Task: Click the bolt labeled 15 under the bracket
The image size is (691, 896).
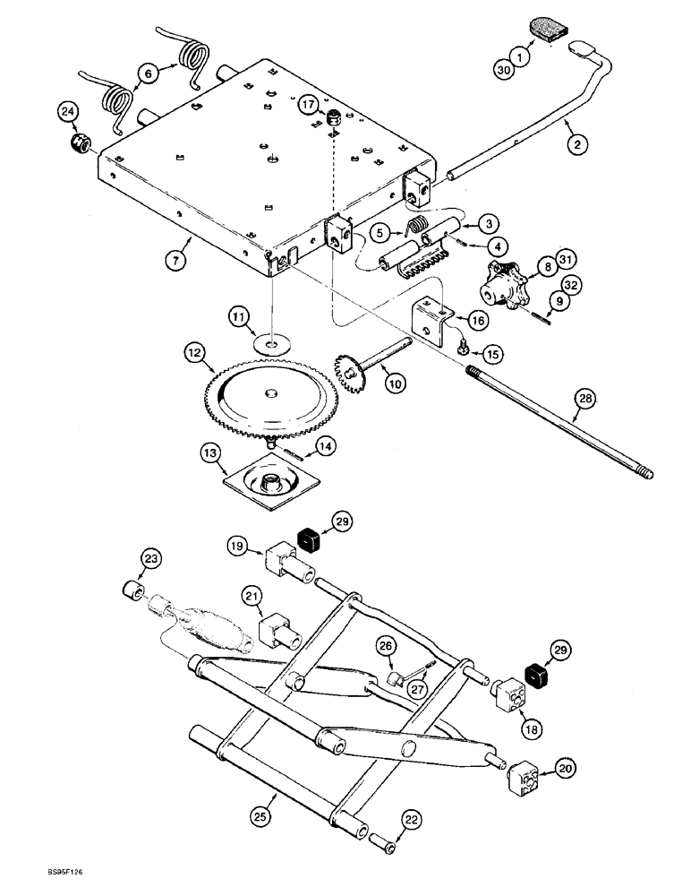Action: click(x=465, y=347)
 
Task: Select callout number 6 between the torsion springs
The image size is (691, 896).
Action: click(x=149, y=72)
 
